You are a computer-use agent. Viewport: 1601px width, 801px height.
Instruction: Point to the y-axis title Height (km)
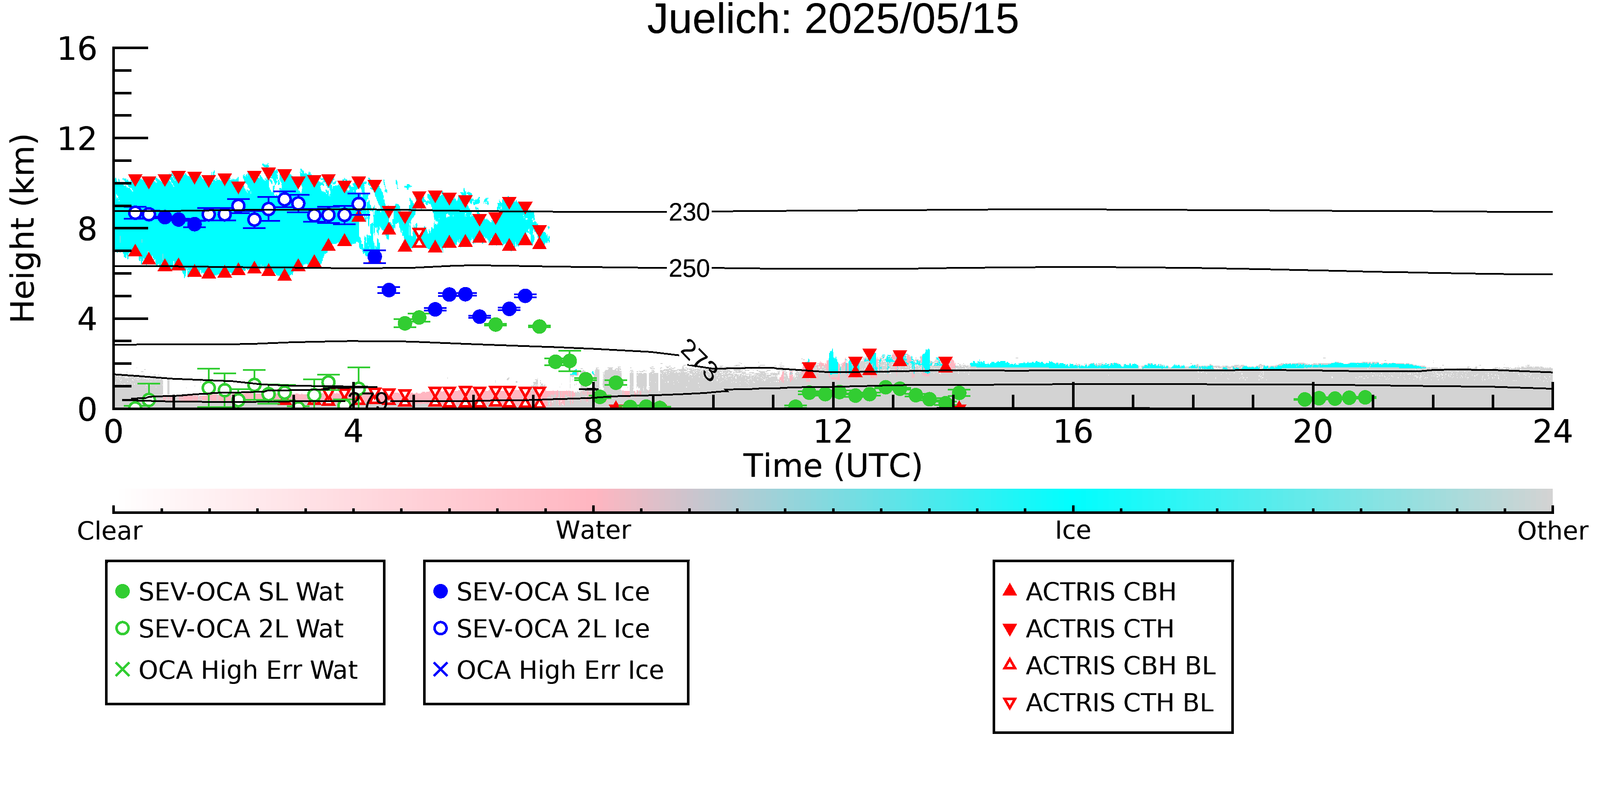pos(23,228)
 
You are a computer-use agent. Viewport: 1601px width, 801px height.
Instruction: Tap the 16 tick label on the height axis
pos(77,49)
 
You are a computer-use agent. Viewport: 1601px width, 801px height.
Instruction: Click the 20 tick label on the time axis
pos(1313,431)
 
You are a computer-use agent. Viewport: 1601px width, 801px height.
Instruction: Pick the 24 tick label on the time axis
pos(1552,431)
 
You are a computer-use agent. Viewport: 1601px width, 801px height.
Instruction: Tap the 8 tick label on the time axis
pos(593,431)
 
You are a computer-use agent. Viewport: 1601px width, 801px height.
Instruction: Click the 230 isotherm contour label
pos(689,213)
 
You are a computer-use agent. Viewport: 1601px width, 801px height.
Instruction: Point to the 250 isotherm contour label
pos(689,269)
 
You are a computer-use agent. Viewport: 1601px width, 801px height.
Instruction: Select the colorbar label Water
pos(593,530)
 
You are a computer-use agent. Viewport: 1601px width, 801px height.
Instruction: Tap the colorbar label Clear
pos(109,531)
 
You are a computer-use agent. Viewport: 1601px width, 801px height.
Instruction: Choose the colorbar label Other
pos(1552,531)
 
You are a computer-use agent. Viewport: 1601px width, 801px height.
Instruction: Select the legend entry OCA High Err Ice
pos(548,670)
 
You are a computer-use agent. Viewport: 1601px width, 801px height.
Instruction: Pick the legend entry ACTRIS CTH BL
pos(1108,703)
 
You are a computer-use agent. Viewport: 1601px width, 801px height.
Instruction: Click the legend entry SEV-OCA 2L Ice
pos(541,629)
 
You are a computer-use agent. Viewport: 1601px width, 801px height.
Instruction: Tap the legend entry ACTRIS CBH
pos(1090,591)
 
